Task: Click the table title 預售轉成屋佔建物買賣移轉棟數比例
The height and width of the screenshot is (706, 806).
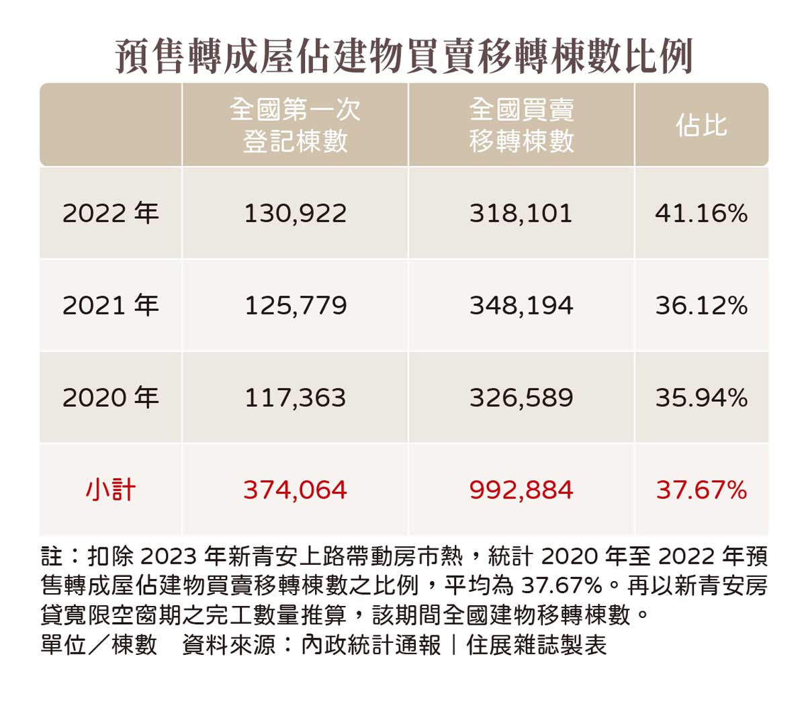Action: point(404,56)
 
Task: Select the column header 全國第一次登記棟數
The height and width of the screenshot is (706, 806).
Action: point(295,125)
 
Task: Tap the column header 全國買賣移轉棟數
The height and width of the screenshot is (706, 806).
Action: point(521,125)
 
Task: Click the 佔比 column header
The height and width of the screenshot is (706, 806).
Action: point(701,126)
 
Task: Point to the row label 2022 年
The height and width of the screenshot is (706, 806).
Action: point(111,214)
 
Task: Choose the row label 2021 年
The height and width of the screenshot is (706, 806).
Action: point(111,306)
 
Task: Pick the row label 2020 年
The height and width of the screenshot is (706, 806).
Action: point(111,398)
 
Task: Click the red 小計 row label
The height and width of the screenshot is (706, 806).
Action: point(111,490)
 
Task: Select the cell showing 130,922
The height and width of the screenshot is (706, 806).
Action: point(295,214)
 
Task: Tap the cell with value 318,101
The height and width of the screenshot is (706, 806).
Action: point(521,214)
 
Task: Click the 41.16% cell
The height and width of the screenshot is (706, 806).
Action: point(701,214)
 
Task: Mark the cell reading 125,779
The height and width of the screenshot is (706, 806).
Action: point(295,306)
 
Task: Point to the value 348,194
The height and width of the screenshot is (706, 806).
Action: point(521,306)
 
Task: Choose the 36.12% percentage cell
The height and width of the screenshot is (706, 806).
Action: point(701,306)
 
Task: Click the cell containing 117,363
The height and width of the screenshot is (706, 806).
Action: point(295,398)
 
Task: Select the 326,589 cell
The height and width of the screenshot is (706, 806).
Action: point(521,398)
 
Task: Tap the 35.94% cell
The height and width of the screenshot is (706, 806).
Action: point(701,398)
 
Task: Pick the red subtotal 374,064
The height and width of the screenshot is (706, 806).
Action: point(295,490)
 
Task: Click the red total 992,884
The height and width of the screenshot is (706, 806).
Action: point(521,490)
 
